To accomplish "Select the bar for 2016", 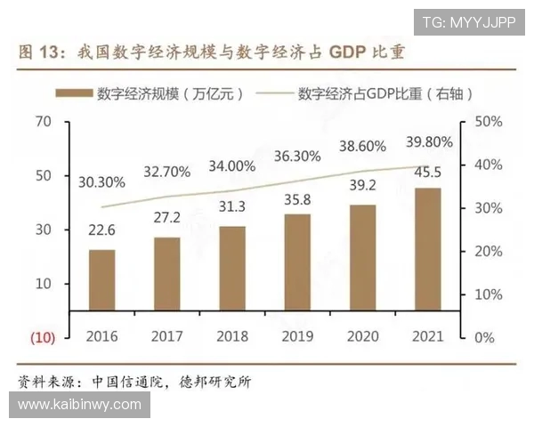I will pos(101,280).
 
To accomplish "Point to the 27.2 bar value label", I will pos(166,217).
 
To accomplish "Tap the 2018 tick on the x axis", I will pos(231,337).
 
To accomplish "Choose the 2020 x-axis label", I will pos(361,337).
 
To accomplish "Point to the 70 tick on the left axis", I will pos(44,121).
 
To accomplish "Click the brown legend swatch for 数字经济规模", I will pos(72,93).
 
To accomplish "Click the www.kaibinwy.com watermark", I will pos(79,405).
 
